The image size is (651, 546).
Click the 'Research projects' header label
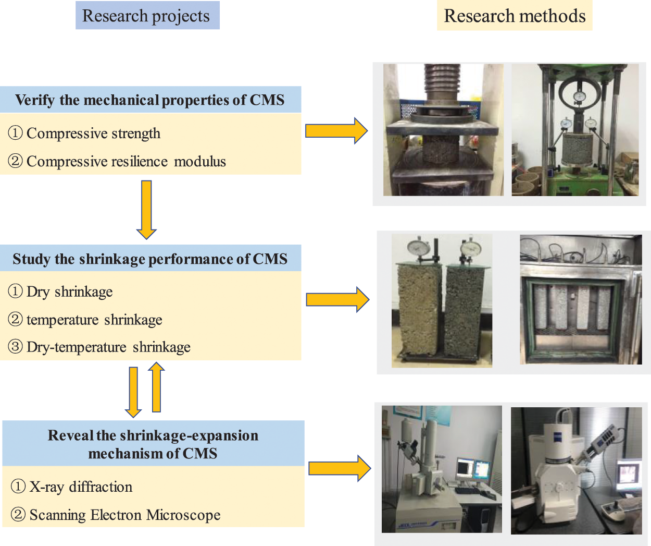point(146,16)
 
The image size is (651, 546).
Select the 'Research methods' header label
point(515,16)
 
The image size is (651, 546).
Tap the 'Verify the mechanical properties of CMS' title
point(150,100)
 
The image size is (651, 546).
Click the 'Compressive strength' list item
point(93,134)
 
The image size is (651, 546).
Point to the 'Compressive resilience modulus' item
point(126,162)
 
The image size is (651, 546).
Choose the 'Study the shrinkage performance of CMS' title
point(150,259)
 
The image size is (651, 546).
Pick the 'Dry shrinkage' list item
point(69,292)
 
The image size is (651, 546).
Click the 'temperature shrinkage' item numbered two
point(94,319)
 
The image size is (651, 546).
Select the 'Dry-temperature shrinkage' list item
point(108,347)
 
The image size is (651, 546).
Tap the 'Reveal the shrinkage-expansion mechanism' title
point(153,444)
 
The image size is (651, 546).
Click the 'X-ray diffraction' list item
point(81,487)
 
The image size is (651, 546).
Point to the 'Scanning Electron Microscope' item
point(124,515)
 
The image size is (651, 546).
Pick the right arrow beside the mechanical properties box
point(336,130)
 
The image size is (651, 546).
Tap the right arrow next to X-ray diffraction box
point(339,468)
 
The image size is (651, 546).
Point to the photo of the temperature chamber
point(581,300)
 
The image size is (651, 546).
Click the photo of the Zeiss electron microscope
point(576,470)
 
